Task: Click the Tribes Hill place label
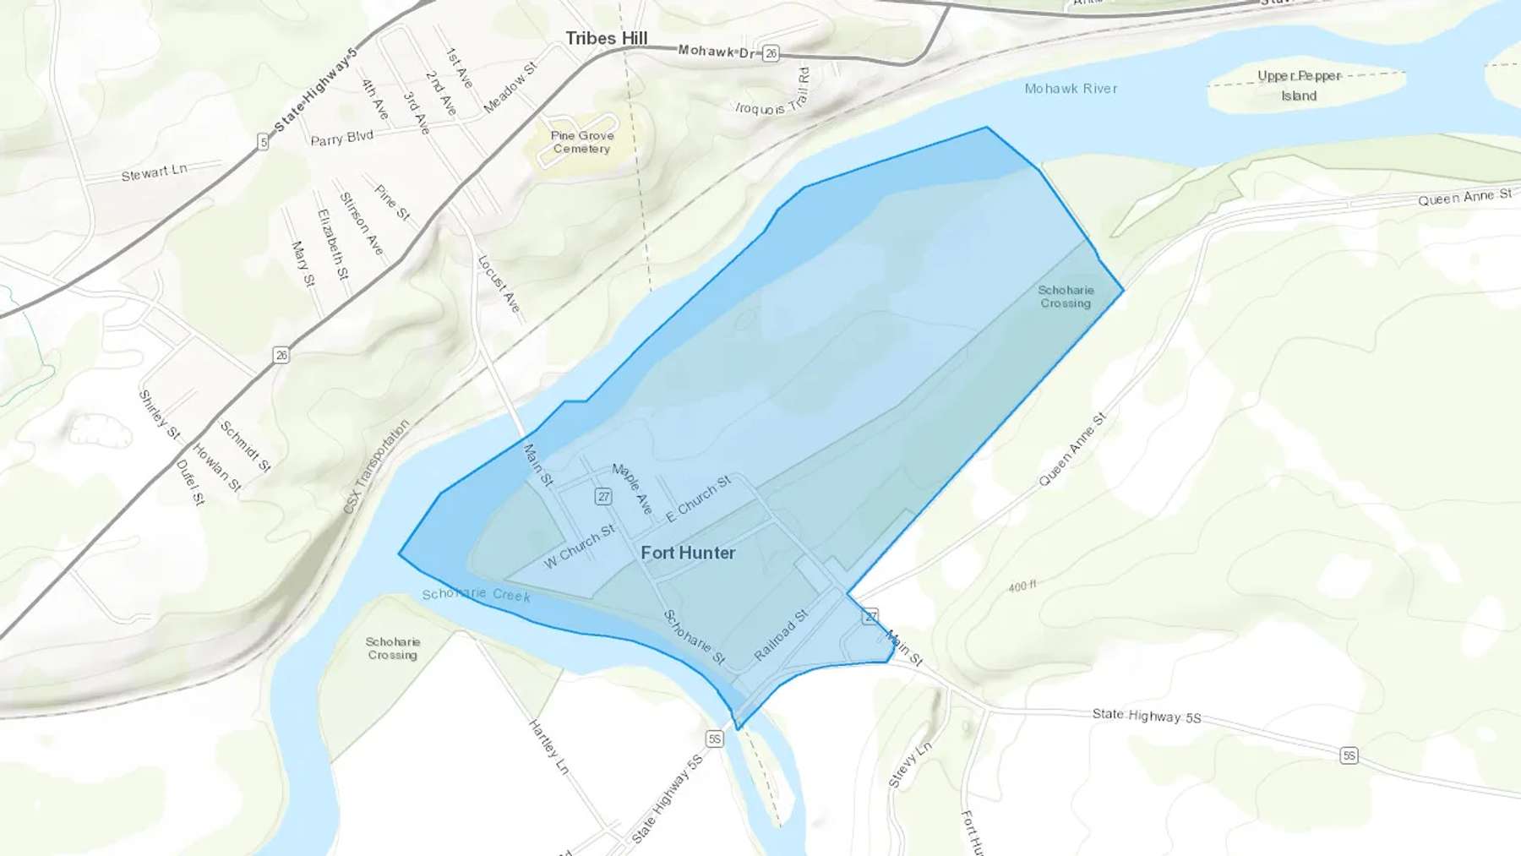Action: point(606,38)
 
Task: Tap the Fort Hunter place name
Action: point(688,553)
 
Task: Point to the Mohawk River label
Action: point(1071,88)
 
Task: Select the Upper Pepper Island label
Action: point(1299,85)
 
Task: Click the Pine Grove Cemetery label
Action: point(581,142)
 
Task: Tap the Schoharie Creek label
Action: point(477,594)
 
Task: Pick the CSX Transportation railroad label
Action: point(376,466)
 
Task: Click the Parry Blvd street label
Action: point(341,138)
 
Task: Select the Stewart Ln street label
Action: point(154,172)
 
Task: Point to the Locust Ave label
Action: point(499,284)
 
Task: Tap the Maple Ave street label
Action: point(633,488)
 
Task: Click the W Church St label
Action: point(580,547)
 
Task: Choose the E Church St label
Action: point(698,499)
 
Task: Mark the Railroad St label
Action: point(781,635)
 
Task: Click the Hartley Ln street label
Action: point(548,746)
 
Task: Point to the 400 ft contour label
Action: point(1022,586)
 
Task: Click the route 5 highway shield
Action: point(263,142)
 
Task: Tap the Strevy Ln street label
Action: point(910,764)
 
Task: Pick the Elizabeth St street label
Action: point(332,244)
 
